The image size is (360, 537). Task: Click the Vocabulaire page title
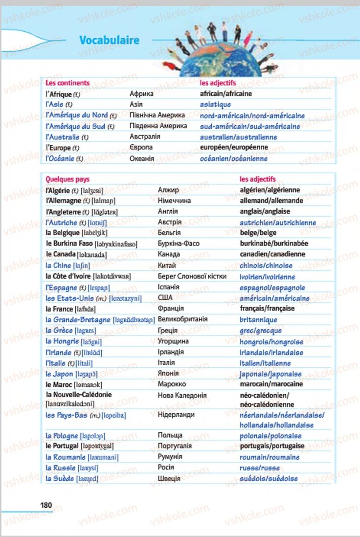coord(109,41)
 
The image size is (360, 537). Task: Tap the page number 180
coord(46,505)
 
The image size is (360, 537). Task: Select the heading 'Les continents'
coord(67,83)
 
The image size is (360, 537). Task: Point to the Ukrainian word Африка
coord(141,93)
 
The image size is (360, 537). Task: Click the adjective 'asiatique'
coord(215,104)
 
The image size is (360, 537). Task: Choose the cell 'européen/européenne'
coord(234,147)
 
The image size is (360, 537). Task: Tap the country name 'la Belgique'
coord(62,233)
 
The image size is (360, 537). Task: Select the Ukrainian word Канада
coord(169,254)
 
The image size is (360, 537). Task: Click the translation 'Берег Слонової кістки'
coord(192,276)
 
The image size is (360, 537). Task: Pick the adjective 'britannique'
coord(258,320)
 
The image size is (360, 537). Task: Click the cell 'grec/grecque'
coord(261,331)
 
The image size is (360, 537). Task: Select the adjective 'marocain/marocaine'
coord(271,384)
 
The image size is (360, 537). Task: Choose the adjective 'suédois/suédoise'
coord(269,479)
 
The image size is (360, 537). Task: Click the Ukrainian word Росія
coord(166,468)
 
